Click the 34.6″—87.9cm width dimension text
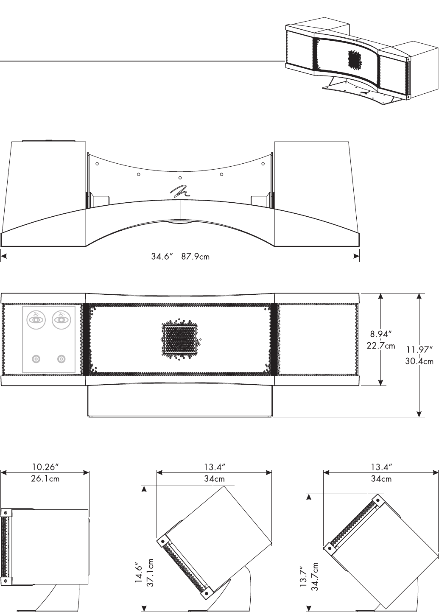tap(180, 257)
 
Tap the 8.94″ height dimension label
tap(381, 334)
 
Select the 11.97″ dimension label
tap(419, 349)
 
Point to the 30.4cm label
tap(419, 361)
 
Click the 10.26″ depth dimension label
tap(45, 467)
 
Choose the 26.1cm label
tap(45, 479)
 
